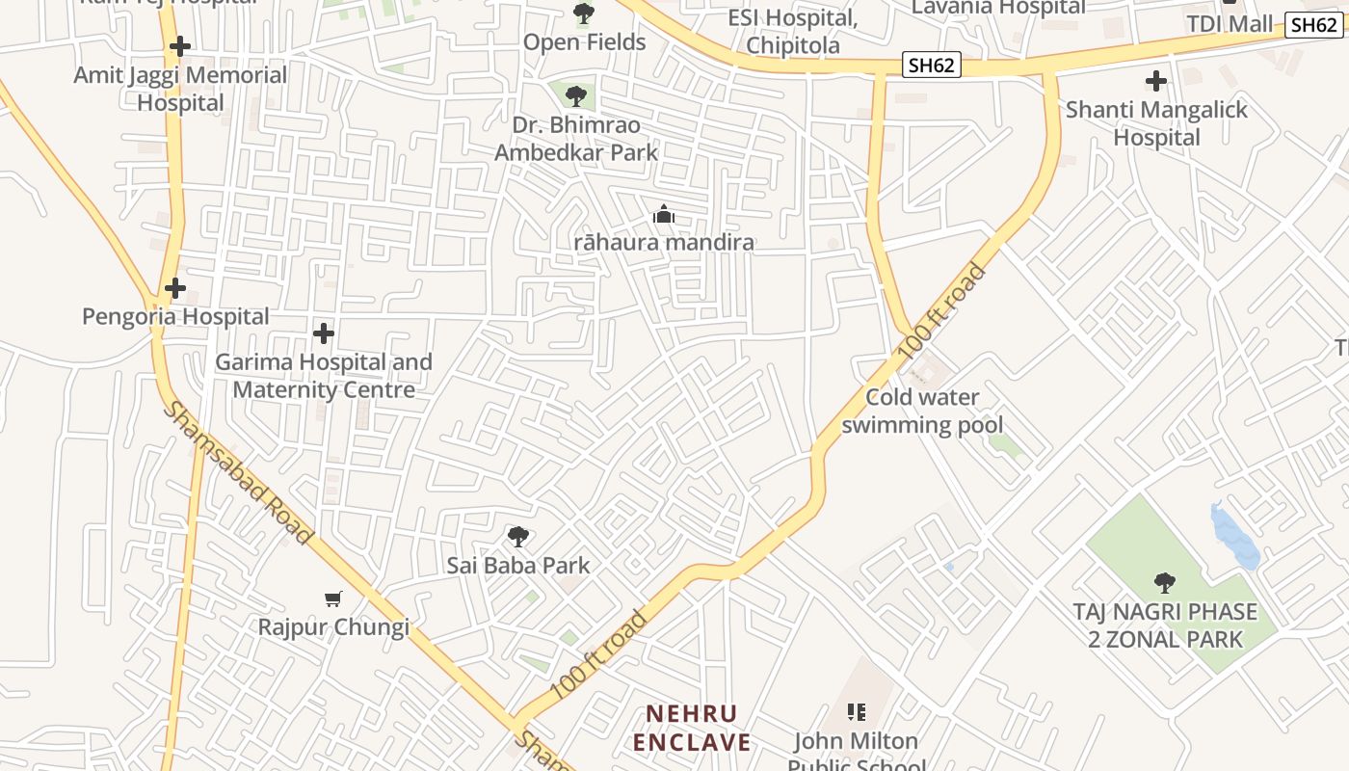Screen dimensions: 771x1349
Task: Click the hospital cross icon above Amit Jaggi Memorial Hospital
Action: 179,46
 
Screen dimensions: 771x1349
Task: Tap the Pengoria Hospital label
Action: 175,316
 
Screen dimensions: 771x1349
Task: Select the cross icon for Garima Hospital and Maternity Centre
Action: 324,333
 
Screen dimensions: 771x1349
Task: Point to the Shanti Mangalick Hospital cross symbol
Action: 1156,81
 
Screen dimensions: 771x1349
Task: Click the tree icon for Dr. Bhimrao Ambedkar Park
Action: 576,95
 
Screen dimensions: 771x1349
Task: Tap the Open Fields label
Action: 584,42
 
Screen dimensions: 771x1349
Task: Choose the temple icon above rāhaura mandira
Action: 664,215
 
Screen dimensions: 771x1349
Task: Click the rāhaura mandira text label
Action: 664,242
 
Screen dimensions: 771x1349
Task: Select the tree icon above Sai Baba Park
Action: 518,537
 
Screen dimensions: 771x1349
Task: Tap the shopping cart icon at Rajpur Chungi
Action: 333,599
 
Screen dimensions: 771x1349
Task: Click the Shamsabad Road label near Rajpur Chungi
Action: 237,472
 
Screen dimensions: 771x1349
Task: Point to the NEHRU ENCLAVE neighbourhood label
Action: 698,728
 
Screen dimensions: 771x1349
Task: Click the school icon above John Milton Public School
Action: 856,712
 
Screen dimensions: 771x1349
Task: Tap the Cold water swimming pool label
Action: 922,411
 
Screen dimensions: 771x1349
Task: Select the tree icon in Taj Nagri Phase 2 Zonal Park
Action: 1165,582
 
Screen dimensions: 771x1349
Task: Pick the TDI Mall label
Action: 1230,24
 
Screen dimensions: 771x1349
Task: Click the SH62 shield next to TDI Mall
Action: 1313,25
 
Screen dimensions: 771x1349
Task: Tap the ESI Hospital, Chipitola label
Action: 793,32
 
